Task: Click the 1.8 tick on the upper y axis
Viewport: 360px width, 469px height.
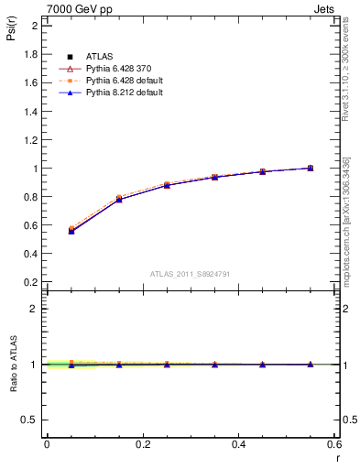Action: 30,54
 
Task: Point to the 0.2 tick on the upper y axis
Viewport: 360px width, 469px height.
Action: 30,282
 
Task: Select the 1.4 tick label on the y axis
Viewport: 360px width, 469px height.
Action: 30,112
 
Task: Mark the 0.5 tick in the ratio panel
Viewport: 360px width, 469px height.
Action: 30,420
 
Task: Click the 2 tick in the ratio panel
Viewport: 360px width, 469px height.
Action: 34,309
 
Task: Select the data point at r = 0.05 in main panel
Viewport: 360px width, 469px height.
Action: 71,230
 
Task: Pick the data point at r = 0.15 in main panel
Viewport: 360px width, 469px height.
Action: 119,198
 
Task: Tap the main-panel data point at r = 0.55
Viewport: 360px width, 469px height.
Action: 310,168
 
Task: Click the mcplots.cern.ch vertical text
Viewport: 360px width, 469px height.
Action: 346,220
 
